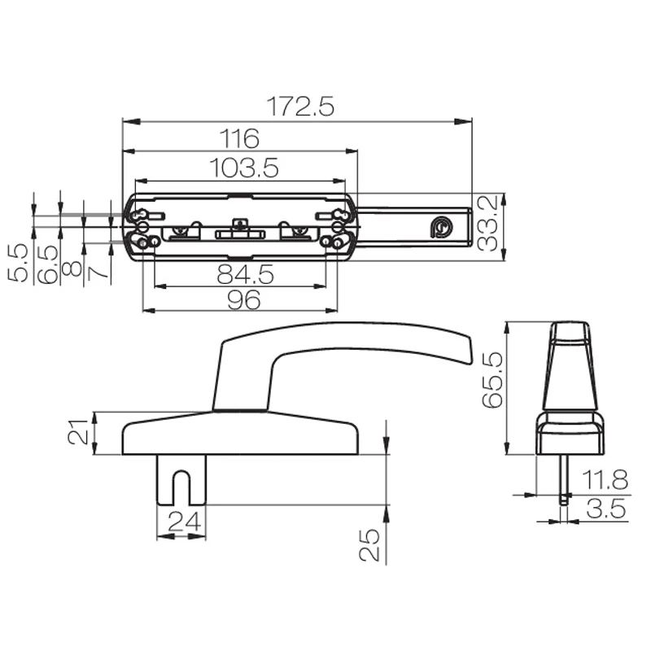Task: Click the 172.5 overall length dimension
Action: click(x=301, y=107)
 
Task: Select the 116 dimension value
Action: click(x=239, y=138)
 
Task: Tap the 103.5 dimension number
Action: click(x=244, y=168)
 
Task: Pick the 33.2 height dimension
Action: click(x=491, y=224)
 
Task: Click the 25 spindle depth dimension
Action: click(x=370, y=543)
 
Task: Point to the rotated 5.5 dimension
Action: click(x=18, y=262)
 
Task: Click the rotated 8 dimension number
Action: click(x=73, y=268)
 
